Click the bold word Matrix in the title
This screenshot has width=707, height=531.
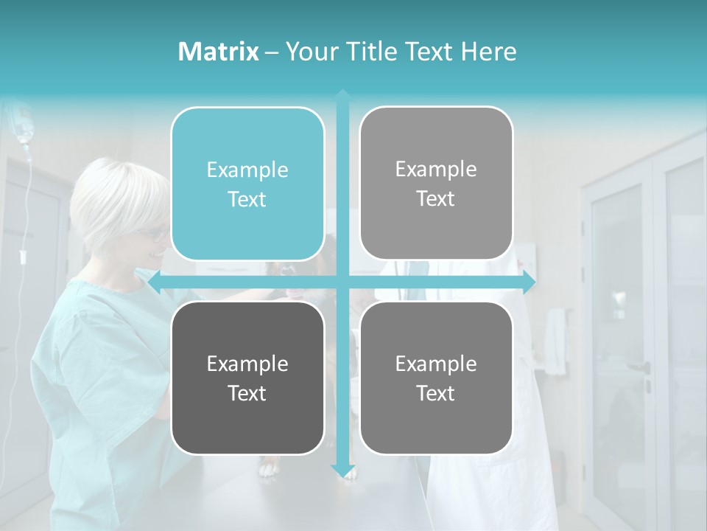[x=218, y=52]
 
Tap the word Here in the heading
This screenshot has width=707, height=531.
[x=488, y=52]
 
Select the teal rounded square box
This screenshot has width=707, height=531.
[x=247, y=184]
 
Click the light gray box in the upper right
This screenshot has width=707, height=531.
[x=436, y=183]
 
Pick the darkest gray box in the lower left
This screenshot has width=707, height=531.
[x=247, y=378]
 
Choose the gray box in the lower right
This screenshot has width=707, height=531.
[x=436, y=378]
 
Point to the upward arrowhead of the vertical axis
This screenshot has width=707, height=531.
[x=342, y=94]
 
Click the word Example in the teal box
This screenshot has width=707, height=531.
[x=247, y=170]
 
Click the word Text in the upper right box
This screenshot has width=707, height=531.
[x=436, y=198]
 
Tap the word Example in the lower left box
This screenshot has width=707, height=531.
[x=247, y=364]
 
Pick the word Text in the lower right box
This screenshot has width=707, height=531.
[x=436, y=393]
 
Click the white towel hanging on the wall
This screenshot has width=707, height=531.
[x=555, y=340]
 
